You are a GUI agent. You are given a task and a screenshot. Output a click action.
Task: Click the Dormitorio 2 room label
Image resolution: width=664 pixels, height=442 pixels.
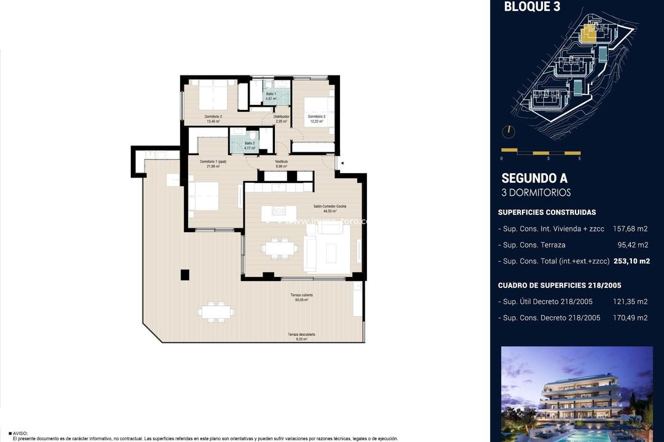click(x=213, y=117)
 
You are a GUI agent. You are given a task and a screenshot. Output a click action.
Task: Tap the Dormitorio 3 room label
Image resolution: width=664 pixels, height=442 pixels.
click(x=317, y=117)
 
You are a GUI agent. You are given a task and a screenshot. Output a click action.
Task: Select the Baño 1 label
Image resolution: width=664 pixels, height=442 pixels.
click(x=271, y=93)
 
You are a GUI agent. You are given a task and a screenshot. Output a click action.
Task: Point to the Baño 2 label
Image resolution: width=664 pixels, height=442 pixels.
click(x=249, y=143)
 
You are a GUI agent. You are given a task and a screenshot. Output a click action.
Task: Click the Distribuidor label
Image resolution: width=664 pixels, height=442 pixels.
click(x=282, y=117)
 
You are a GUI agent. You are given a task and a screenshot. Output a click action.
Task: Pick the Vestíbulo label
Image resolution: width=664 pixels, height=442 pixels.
click(x=282, y=161)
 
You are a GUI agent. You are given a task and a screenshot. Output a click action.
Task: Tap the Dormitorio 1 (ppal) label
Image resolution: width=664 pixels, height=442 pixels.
click(x=213, y=161)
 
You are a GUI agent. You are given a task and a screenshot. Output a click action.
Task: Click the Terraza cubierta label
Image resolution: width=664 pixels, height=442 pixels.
click(x=302, y=295)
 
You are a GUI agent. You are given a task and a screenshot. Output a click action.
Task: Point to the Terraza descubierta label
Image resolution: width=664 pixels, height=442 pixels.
click(x=301, y=335)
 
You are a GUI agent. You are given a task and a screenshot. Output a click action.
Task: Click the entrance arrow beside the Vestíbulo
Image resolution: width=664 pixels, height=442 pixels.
click(x=342, y=163)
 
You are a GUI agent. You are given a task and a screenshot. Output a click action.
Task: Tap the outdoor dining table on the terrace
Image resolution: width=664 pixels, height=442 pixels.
click(x=216, y=311)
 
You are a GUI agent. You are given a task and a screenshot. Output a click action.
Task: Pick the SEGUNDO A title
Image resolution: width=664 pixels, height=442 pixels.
click(x=534, y=179)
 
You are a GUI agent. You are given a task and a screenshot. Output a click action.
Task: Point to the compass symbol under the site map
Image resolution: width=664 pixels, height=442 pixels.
click(x=508, y=131)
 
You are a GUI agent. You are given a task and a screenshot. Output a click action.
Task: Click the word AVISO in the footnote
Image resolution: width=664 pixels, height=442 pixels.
click(x=20, y=433)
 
